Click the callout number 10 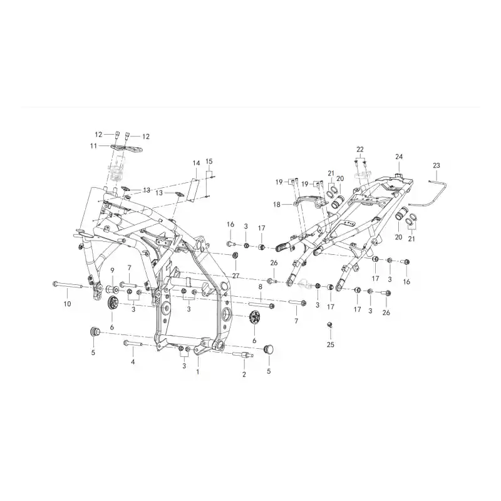67,304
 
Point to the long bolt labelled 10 68,284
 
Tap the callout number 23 436,165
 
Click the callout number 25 331,344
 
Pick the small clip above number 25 330,325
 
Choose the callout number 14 196,163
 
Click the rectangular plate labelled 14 194,190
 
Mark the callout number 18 277,204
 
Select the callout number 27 236,276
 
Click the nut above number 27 234,256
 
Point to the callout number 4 133,362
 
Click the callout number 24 399,157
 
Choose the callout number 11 93,146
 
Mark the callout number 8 261,287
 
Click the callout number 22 360,150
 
